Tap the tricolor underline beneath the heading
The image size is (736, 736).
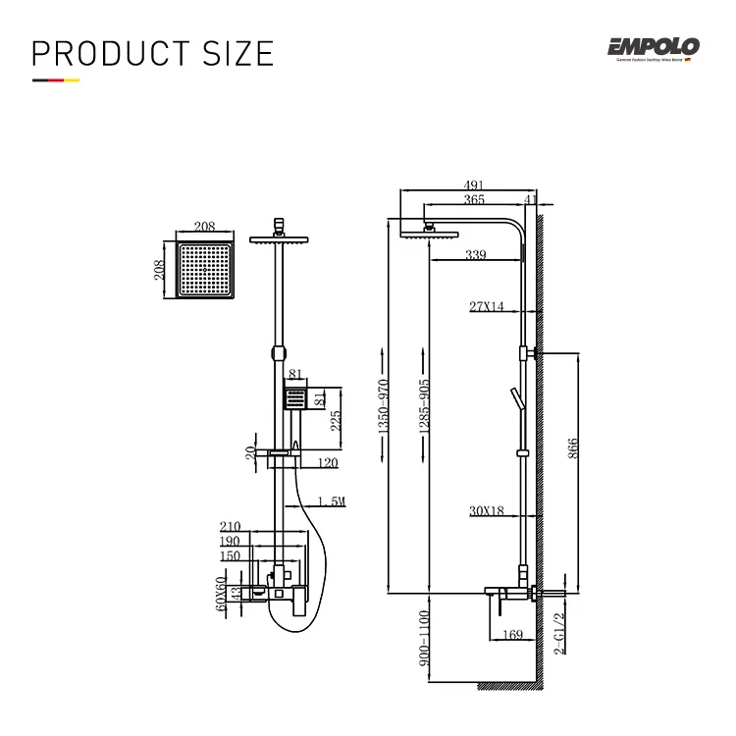[56, 80]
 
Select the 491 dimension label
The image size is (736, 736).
[474, 183]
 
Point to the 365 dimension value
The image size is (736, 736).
[474, 199]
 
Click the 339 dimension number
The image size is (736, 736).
[475, 256]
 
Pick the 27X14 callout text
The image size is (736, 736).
[486, 307]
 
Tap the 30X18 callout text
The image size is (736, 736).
[486, 510]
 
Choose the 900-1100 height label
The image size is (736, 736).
[425, 639]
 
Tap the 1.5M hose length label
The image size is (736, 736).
[332, 501]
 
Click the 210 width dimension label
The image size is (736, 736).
[230, 526]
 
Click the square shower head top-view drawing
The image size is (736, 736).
[204, 270]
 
